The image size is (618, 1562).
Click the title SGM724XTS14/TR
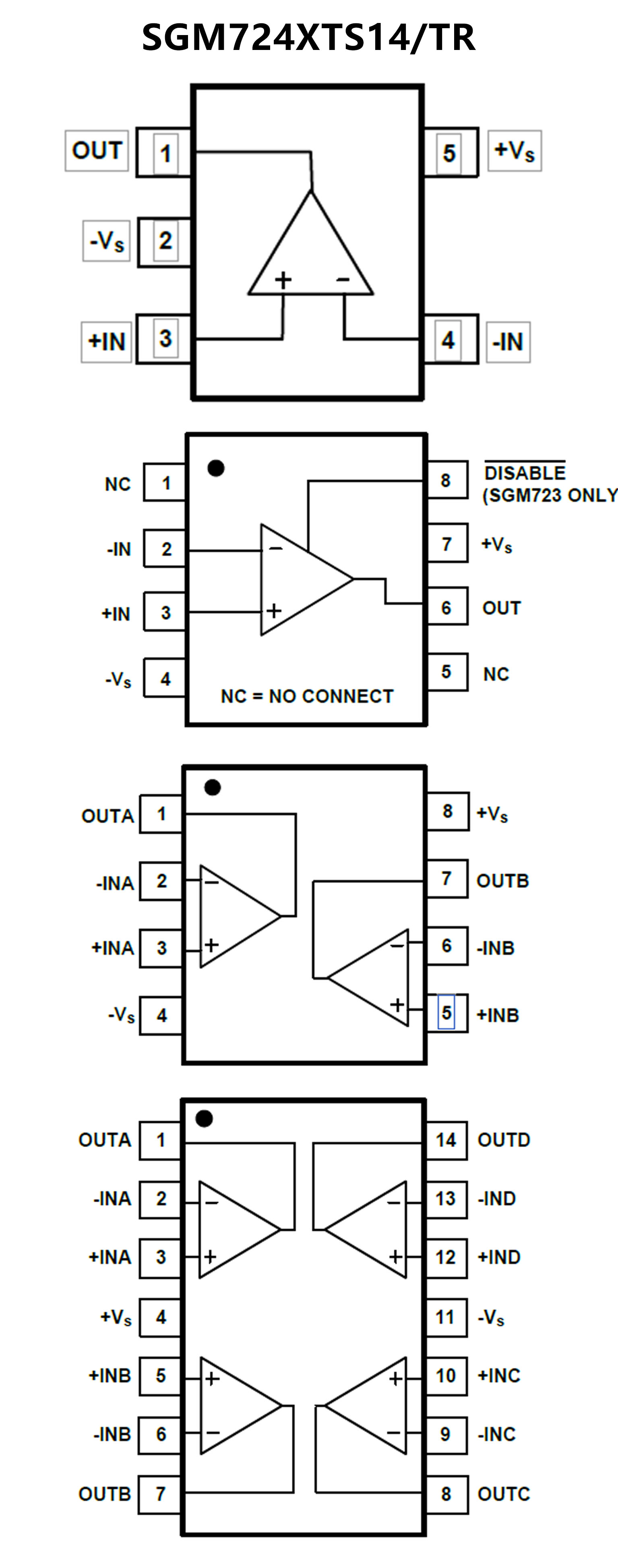click(x=308, y=37)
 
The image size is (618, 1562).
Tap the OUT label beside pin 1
click(x=97, y=150)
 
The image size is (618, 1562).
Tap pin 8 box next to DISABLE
click(x=446, y=480)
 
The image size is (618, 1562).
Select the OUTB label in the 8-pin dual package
click(x=502, y=880)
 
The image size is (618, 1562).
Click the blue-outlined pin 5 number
click(x=446, y=1012)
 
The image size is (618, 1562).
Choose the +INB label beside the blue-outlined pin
click(x=498, y=1015)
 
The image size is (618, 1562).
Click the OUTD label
click(x=504, y=1140)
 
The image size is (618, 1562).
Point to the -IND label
click(x=496, y=1199)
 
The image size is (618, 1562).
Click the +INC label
click(x=499, y=1375)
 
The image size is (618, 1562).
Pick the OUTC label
click(x=504, y=1494)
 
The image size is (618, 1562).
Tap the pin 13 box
click(x=446, y=1199)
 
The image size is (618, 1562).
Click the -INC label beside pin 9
click(x=496, y=1434)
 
